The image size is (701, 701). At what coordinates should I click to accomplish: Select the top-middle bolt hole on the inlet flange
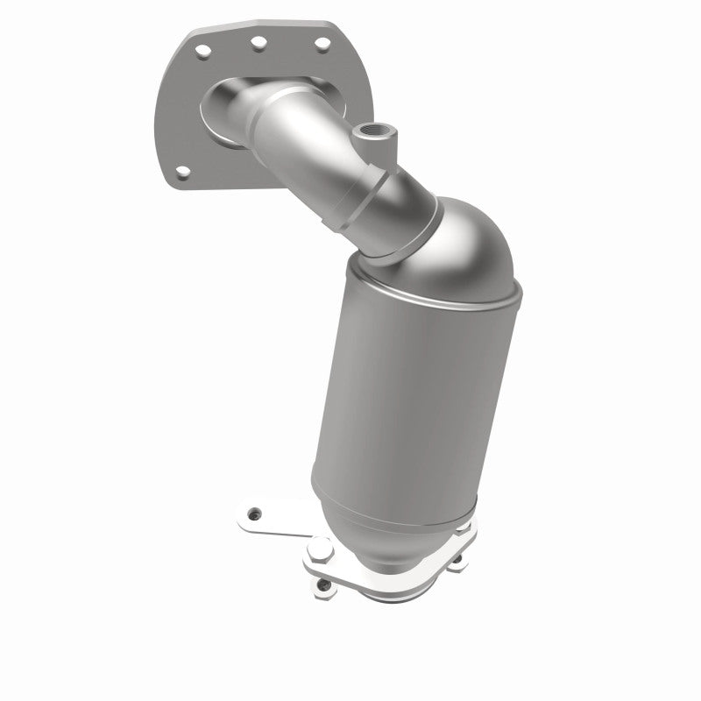258,39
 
